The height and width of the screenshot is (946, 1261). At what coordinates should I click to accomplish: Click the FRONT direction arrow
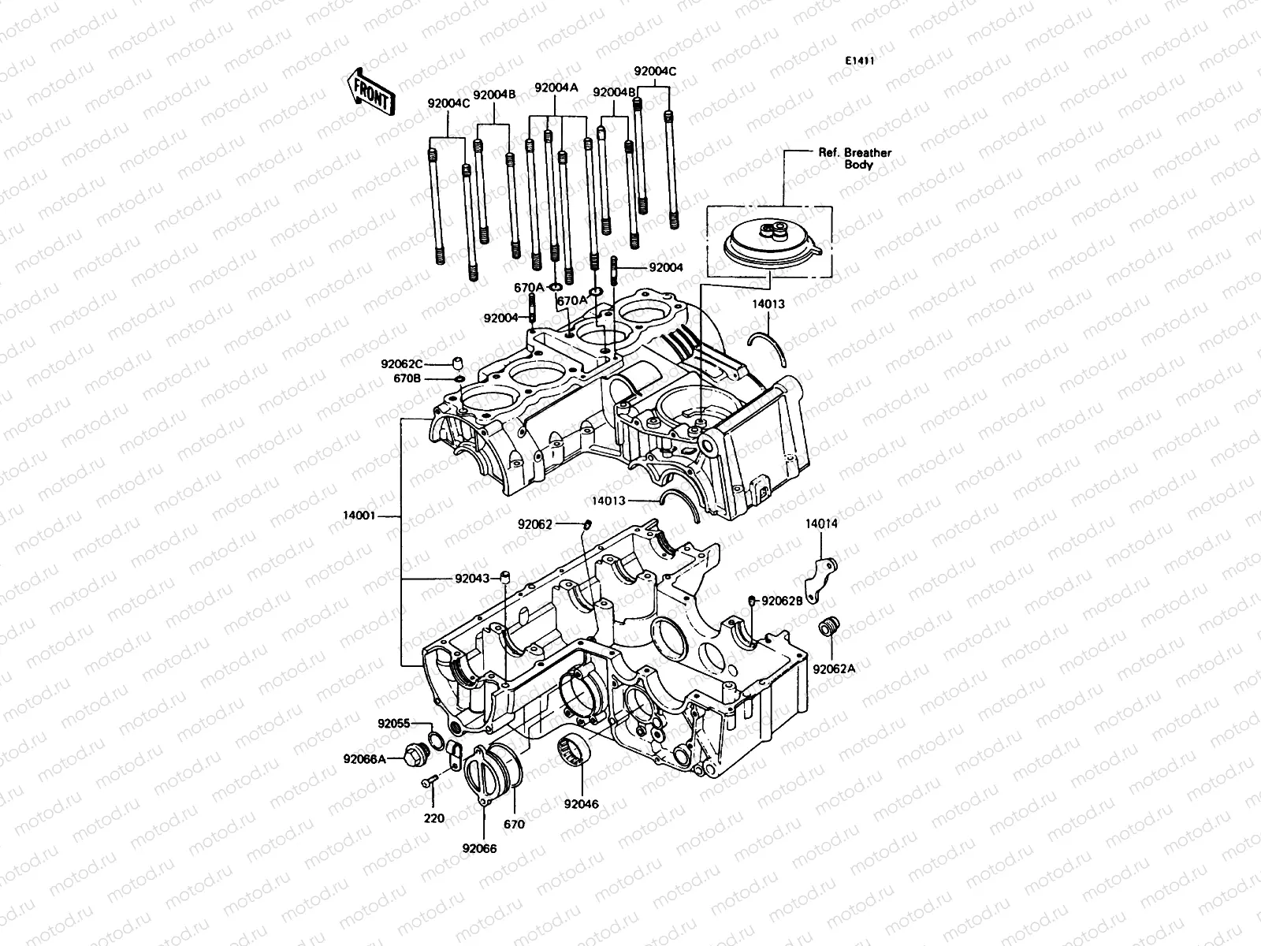(x=369, y=91)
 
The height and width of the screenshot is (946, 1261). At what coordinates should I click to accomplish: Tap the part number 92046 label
(x=581, y=804)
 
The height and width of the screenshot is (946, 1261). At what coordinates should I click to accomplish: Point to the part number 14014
(x=821, y=524)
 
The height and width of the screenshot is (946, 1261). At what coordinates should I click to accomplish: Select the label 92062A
(x=834, y=669)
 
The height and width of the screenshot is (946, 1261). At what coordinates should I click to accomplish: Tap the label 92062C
(x=401, y=364)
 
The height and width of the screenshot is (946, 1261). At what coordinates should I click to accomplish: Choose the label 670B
(x=407, y=379)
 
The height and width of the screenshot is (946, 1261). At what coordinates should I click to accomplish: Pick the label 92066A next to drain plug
(x=364, y=759)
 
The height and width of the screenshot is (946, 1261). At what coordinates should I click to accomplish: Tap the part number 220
(x=434, y=818)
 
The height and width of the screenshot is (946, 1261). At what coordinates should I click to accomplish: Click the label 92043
(x=471, y=578)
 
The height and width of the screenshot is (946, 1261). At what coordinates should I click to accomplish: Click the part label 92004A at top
(x=556, y=88)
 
